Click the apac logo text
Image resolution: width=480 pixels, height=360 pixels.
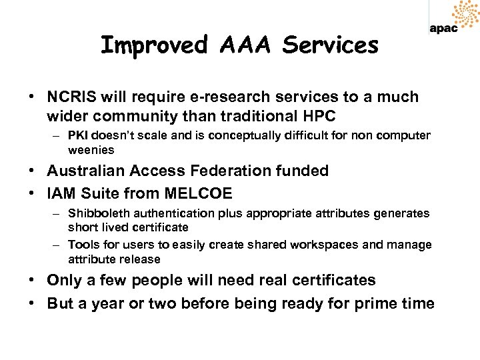443,29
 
